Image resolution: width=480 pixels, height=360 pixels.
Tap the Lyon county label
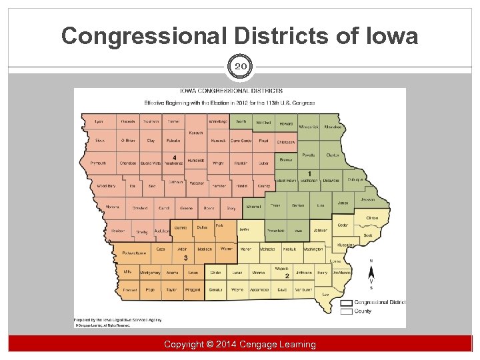(99, 121)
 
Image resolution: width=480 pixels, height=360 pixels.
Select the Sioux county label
(99, 141)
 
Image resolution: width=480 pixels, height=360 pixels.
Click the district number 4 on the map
(174, 157)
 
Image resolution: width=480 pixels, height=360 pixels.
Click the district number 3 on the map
(185, 258)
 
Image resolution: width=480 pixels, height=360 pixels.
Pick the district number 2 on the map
(287, 275)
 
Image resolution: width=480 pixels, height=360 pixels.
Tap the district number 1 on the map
(309, 173)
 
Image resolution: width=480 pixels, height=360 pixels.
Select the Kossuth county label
(195, 132)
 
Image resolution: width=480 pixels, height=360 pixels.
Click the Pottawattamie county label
(135, 253)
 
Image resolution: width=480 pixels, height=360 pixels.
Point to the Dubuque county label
(355, 179)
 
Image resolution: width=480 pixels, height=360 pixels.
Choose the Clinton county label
(372, 218)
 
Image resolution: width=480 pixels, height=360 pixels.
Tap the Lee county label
(325, 295)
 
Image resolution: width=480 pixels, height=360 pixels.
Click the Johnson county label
(320, 230)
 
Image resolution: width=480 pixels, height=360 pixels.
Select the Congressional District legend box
(346, 302)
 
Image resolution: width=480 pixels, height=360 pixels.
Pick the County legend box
(346, 311)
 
